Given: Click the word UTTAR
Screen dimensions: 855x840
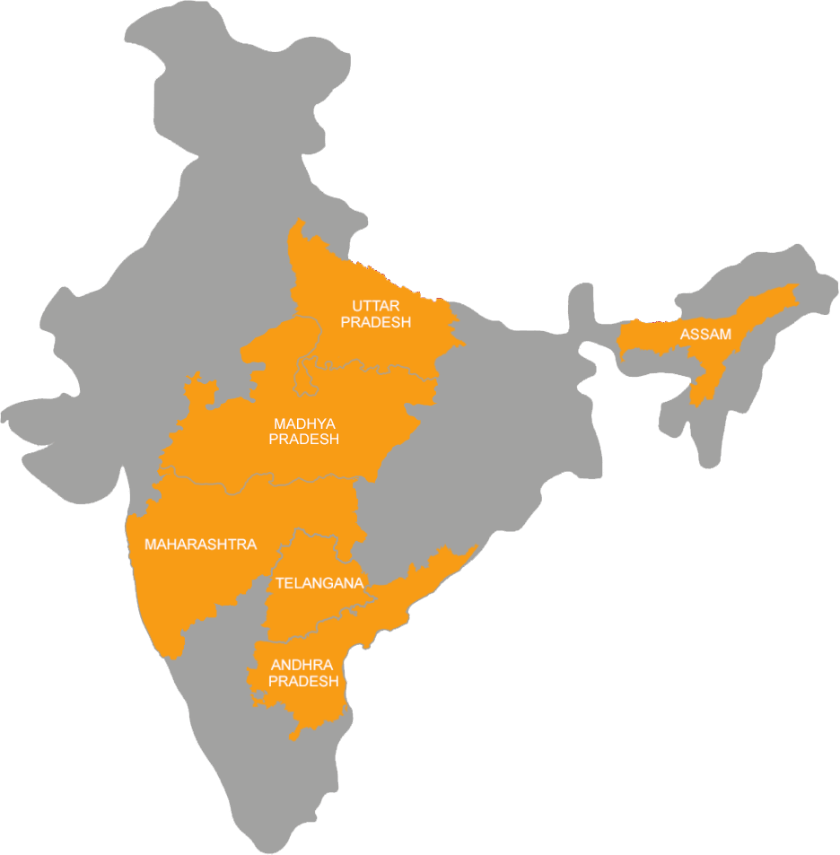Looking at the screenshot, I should [375, 306].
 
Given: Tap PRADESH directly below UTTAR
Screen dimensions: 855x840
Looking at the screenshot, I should [375, 322].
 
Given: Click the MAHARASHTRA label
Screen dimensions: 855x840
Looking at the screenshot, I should [200, 545].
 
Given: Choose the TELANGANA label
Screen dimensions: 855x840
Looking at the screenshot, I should [319, 583].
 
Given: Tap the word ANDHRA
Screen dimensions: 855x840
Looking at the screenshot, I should [302, 665].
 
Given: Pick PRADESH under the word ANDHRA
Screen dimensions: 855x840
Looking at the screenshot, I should [303, 682].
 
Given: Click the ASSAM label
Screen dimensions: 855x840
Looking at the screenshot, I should [705, 335].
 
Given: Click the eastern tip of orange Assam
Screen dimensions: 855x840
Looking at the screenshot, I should [795, 289].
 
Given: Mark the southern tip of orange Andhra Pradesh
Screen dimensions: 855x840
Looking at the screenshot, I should [293, 737].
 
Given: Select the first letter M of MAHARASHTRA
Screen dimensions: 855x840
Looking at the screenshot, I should [151, 545].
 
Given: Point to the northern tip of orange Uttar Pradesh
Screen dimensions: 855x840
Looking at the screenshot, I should [296, 224].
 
